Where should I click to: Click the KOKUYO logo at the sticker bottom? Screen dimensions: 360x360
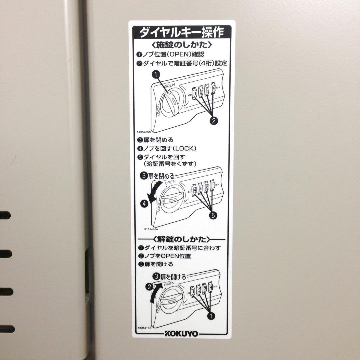coord(181,334)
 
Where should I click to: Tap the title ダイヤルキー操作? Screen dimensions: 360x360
coord(182,32)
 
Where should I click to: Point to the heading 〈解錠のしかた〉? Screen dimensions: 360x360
coord(181,239)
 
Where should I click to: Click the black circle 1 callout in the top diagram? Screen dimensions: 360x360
coord(156,74)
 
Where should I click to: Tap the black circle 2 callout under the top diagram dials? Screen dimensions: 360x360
coord(214,120)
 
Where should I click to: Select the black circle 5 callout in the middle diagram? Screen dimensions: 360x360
coord(213,215)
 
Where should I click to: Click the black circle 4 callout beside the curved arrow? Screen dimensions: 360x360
coord(144,203)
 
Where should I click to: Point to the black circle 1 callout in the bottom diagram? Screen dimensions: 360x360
coord(211,316)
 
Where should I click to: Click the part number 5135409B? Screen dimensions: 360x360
coord(144,132)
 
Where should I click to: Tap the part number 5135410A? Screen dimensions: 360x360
coord(151,229)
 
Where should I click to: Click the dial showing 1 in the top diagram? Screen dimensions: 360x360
coord(194,93)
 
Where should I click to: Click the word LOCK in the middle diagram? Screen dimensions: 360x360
coord(158,206)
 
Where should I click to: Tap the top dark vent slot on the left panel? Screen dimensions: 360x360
coord(5,215)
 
